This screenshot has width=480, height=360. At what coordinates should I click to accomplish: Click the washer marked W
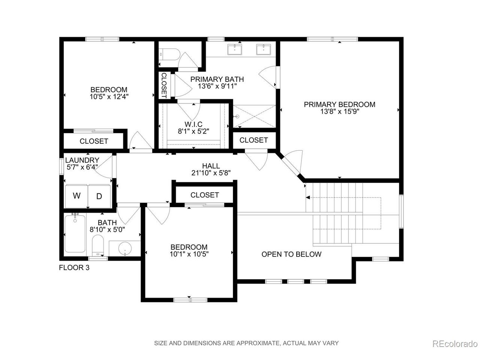(x=76, y=196)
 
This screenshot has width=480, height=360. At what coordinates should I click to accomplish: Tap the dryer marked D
(x=99, y=196)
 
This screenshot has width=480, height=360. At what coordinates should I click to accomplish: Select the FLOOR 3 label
(x=74, y=268)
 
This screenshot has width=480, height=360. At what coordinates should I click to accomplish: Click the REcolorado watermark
(x=455, y=344)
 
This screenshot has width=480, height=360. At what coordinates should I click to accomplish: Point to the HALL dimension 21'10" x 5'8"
(x=211, y=173)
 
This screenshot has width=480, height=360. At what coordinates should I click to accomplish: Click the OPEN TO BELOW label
(x=291, y=254)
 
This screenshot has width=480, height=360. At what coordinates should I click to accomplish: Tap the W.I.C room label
(x=193, y=124)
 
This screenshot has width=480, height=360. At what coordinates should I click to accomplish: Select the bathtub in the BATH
(x=75, y=234)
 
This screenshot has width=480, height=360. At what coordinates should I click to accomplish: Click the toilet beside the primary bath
(x=170, y=55)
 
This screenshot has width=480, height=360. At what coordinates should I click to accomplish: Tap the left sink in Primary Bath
(x=234, y=49)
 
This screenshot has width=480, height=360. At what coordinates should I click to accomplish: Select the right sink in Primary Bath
(x=263, y=49)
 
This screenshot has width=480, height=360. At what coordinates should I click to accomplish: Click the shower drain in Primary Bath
(x=237, y=117)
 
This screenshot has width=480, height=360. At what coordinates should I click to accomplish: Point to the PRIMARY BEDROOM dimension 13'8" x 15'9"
(x=340, y=112)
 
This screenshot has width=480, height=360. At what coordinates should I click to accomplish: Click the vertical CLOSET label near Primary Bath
(x=164, y=85)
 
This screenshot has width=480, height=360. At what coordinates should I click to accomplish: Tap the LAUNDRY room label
(x=82, y=160)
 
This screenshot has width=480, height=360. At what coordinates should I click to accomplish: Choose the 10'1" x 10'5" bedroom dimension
(x=189, y=254)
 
